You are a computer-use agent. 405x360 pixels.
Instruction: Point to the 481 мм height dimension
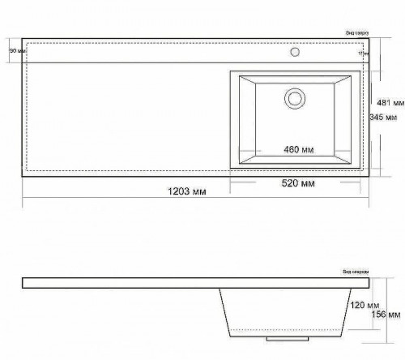click(390, 103)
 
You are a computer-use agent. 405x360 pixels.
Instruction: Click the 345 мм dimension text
click(382, 118)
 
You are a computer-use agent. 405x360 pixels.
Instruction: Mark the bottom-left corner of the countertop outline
click(22, 177)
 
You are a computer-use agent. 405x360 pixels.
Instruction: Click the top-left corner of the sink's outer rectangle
click(231, 71)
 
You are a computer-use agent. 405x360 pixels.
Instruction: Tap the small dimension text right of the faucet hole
click(362, 54)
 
